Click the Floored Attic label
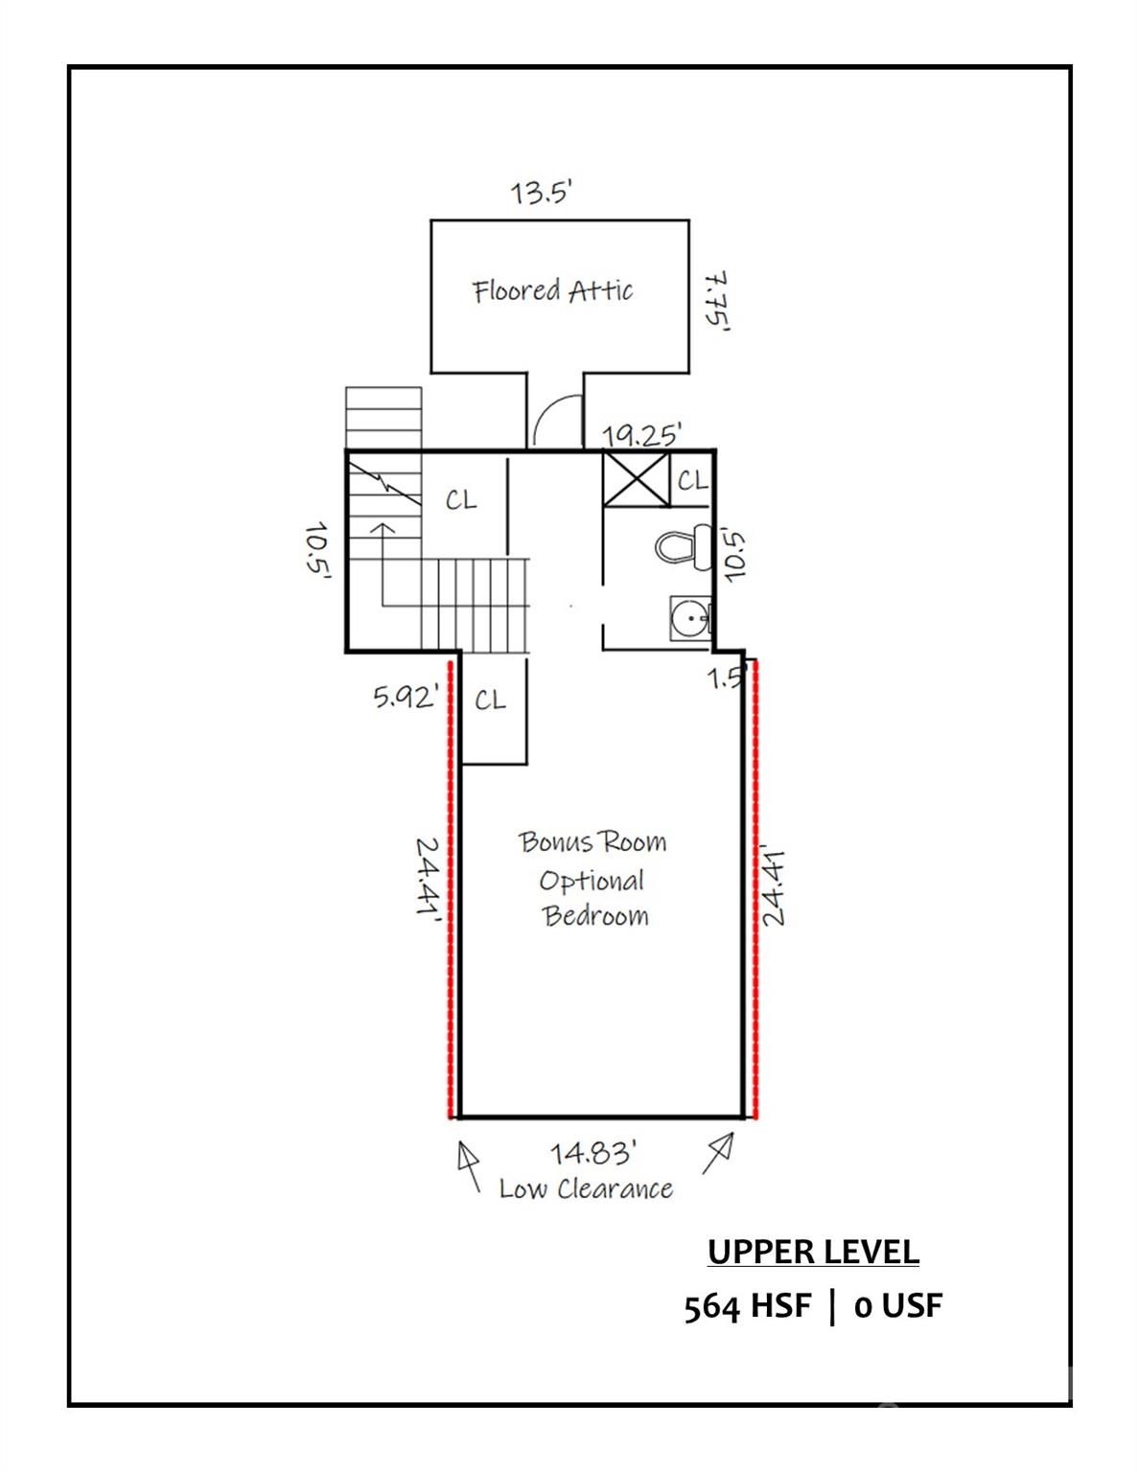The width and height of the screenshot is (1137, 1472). (x=552, y=290)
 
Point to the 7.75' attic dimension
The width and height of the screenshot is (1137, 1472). (x=717, y=302)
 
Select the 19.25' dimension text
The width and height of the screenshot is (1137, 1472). (x=641, y=434)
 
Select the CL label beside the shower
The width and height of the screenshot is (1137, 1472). (x=692, y=481)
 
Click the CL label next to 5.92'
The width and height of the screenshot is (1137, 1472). (x=490, y=700)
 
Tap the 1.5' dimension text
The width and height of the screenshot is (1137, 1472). (x=727, y=678)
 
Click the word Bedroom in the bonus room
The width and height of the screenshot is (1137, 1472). (x=596, y=916)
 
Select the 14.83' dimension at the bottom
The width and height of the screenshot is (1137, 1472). (x=592, y=1152)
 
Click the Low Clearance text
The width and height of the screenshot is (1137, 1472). (x=586, y=1189)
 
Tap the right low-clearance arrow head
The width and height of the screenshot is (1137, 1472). (x=724, y=1144)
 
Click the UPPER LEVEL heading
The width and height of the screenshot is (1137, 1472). (x=813, y=1251)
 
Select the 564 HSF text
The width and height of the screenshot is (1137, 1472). (x=748, y=1306)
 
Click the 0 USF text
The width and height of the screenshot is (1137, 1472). (x=898, y=1306)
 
